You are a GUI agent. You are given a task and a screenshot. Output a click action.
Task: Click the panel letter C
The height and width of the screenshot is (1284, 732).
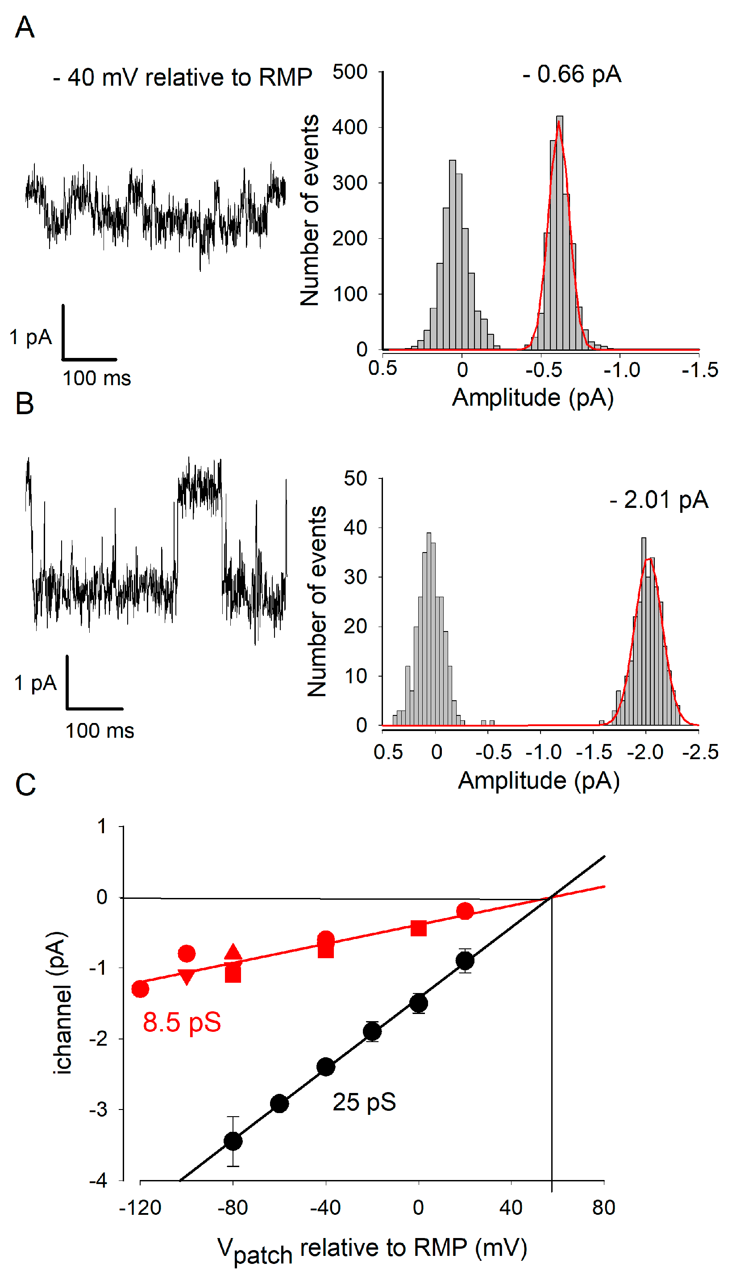tap(25, 785)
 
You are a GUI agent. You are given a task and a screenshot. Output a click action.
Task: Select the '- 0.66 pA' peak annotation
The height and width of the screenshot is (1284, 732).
tap(572, 75)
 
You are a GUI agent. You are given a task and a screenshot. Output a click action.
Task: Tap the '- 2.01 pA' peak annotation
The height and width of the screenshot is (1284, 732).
tap(659, 500)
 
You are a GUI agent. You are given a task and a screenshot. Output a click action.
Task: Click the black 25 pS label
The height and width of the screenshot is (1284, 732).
tap(364, 1103)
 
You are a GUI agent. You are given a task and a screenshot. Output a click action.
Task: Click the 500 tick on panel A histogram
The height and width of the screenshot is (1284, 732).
tap(350, 72)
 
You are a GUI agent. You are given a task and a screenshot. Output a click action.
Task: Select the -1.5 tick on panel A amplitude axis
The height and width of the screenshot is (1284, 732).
tap(699, 370)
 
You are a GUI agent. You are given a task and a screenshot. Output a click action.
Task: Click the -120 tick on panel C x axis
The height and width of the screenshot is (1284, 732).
tap(140, 1208)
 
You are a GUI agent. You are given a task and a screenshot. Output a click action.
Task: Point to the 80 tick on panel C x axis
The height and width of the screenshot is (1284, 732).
tap(603, 1208)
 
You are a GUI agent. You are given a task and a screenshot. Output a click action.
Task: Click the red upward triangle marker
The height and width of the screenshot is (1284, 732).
tap(233, 952)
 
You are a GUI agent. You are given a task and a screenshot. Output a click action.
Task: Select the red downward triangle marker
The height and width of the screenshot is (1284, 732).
tap(187, 977)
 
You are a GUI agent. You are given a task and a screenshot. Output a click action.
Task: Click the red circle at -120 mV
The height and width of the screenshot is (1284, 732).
tap(140, 989)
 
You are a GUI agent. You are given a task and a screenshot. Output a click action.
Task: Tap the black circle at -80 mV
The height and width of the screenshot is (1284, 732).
tap(233, 1141)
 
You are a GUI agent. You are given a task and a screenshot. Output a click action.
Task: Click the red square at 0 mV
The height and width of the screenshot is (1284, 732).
tap(418, 928)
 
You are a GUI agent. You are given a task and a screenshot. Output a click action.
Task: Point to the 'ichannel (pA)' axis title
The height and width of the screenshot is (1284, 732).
tap(61, 1002)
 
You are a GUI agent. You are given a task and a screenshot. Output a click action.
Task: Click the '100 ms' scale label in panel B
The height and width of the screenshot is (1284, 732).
tap(100, 731)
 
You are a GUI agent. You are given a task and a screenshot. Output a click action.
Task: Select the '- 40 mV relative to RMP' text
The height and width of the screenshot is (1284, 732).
tap(182, 77)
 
